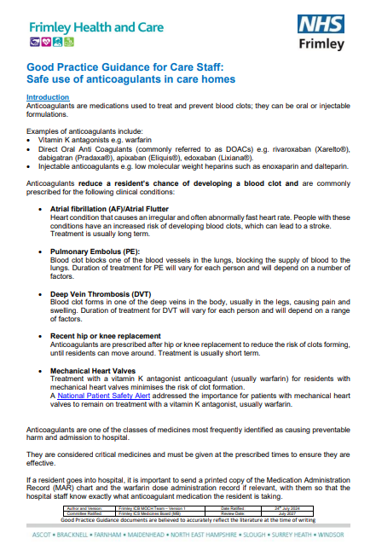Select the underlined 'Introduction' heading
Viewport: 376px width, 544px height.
[x=48, y=97]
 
